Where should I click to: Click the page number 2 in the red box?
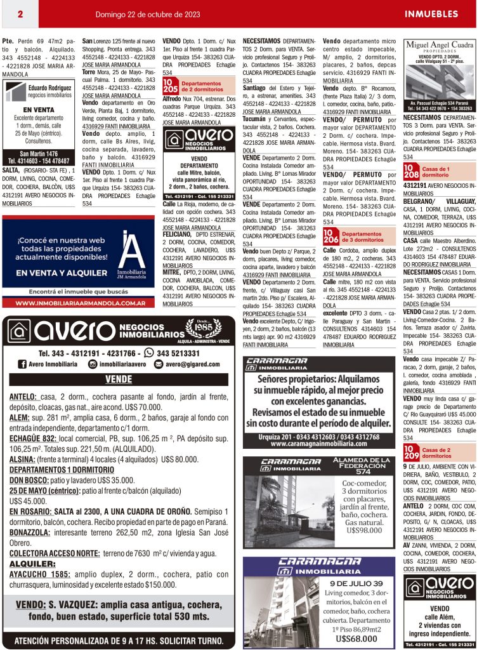(20, 14)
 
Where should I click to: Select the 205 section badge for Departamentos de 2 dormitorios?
(170, 86)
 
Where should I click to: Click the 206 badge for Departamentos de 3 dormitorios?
(330, 237)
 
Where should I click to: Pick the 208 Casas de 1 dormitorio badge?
(410, 171)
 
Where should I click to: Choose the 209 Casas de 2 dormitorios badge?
(410, 453)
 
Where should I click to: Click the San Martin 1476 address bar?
(39, 154)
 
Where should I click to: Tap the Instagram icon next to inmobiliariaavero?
(93, 364)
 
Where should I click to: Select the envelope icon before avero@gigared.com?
(159, 364)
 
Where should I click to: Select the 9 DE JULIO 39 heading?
(356, 583)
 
